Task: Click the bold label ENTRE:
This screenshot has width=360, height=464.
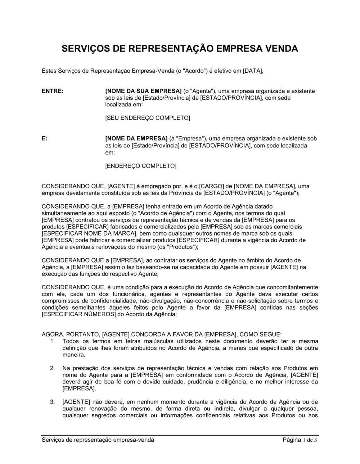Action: coord(53,91)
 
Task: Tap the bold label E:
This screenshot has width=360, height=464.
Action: coord(45,138)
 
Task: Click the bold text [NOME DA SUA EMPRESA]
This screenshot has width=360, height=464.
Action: coord(143,91)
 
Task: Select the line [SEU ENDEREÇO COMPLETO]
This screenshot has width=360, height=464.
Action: coord(147,118)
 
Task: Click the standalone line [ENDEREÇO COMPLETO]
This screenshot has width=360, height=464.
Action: coord(141,166)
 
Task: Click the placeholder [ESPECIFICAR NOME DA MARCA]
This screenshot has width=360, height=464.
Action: coord(82,233)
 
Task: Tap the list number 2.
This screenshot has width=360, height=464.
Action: coord(53,368)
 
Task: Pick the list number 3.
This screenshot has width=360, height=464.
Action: coord(53,402)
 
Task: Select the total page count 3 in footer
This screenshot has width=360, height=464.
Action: coord(315,440)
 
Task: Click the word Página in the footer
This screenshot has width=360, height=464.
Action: coord(292,440)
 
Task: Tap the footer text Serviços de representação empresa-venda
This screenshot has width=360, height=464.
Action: coord(98,440)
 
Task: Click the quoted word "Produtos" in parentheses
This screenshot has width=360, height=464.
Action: coord(181,247)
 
